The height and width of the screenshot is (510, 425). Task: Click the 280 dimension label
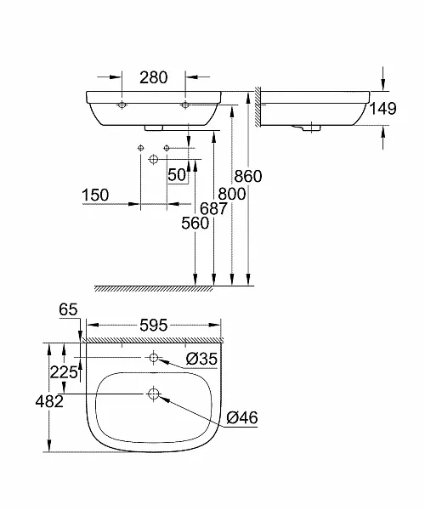click(x=153, y=78)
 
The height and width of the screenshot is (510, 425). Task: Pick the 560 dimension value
click(x=194, y=224)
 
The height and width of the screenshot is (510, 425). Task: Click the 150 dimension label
click(x=95, y=195)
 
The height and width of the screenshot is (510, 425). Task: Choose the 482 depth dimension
click(x=50, y=401)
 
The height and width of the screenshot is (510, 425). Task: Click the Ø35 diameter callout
click(x=201, y=359)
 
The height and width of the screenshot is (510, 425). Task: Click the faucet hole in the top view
click(x=153, y=358)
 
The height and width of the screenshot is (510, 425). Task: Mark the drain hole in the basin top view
click(x=153, y=394)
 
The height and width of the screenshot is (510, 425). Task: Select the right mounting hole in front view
click(x=184, y=105)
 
